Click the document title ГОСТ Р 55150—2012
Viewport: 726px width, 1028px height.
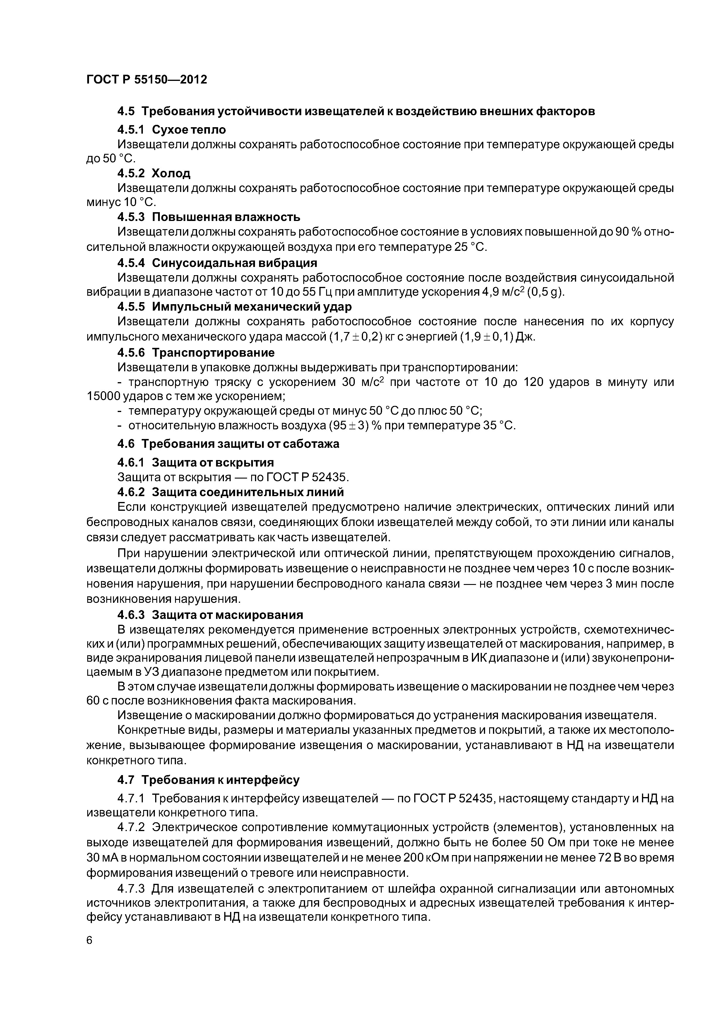pos(147,80)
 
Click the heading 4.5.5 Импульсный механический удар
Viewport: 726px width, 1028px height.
pos(234,307)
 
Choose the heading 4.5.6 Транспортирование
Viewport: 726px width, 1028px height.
pos(196,353)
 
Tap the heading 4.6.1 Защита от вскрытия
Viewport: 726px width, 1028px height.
pos(196,462)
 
